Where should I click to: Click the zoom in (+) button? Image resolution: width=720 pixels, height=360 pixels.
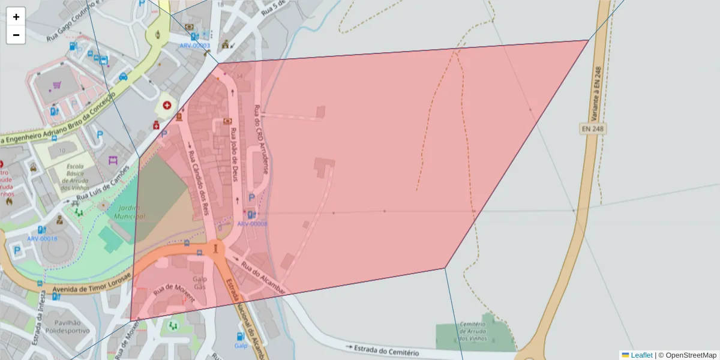click(x=16, y=17)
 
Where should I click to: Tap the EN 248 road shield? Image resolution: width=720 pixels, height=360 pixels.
click(x=593, y=128)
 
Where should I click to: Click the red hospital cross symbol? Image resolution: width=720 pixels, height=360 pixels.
click(x=166, y=105)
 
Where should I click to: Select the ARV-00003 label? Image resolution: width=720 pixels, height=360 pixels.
click(x=194, y=46)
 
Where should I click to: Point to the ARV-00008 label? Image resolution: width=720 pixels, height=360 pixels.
click(x=252, y=224)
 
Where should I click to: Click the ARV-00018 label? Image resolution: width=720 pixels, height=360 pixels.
click(x=42, y=238)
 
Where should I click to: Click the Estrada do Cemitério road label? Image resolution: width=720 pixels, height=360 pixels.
click(x=383, y=349)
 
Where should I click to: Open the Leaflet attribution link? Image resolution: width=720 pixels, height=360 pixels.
click(x=641, y=355)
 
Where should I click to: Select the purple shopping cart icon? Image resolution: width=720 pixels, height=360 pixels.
click(x=57, y=86)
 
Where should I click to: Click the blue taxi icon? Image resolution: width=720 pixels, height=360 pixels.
click(x=123, y=76)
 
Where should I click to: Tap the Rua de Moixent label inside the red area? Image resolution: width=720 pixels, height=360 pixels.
click(x=174, y=293)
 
